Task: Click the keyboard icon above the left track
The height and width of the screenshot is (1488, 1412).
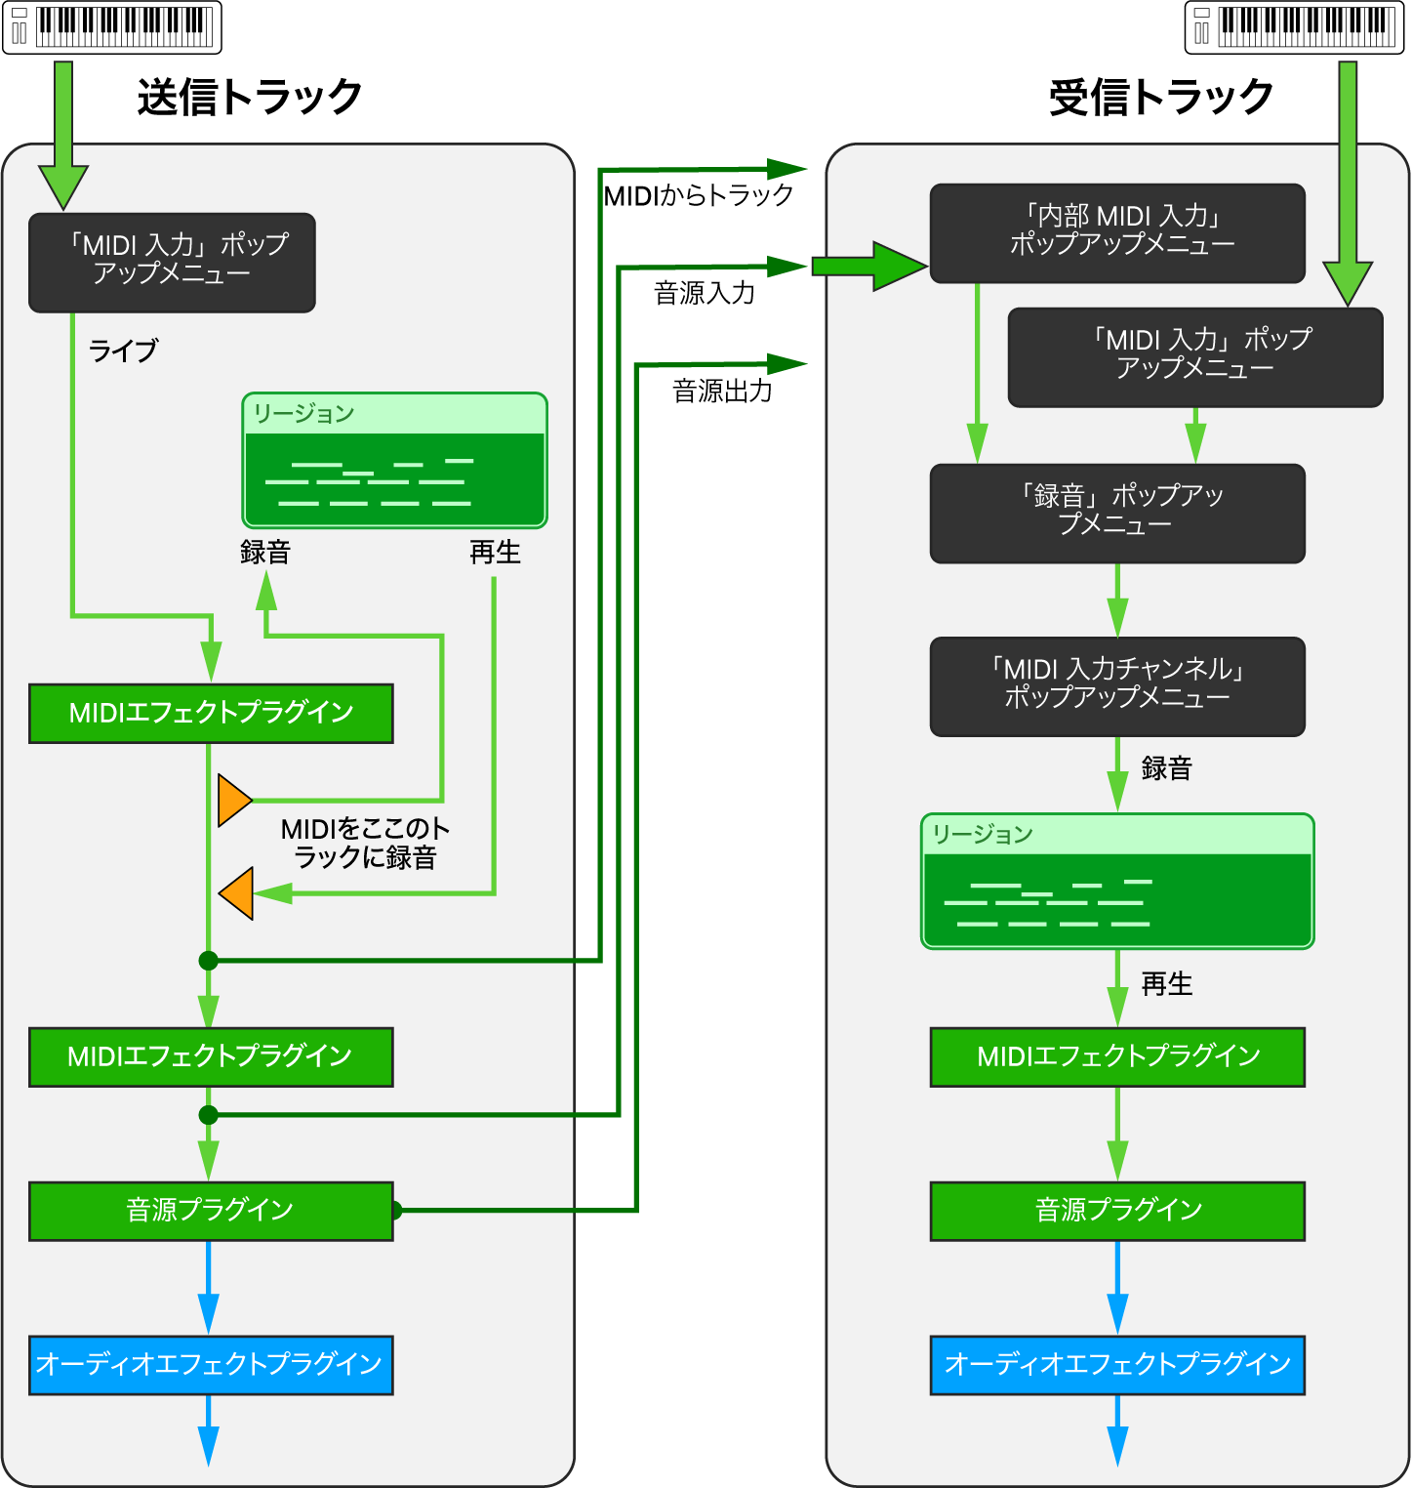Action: [112, 27]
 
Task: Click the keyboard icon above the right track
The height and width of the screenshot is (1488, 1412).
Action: [1294, 27]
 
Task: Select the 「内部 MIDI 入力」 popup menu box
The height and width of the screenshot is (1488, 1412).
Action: [1117, 233]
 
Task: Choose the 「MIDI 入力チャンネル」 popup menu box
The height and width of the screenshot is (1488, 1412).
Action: [1117, 686]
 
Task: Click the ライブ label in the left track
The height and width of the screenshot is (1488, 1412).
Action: [123, 351]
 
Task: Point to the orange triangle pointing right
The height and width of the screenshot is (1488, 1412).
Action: [233, 801]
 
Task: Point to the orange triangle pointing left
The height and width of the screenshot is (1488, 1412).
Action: [238, 892]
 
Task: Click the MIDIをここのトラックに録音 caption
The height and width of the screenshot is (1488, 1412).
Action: [365, 844]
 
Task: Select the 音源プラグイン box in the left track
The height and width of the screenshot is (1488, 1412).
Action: [211, 1211]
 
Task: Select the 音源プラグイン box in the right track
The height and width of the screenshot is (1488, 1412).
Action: [1117, 1211]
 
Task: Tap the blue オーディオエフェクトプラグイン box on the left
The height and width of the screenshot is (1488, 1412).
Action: [211, 1365]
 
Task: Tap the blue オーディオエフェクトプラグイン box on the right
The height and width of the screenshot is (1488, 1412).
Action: [1117, 1365]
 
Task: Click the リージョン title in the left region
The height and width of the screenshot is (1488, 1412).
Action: [303, 414]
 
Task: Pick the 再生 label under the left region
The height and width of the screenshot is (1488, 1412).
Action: [495, 553]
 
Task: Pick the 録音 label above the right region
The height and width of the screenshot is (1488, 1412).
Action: [1167, 768]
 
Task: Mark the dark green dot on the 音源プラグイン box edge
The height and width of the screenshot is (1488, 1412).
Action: [395, 1211]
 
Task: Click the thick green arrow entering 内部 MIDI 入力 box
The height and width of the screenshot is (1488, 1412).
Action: [868, 266]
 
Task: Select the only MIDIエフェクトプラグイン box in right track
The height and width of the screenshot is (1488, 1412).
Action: [1117, 1056]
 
